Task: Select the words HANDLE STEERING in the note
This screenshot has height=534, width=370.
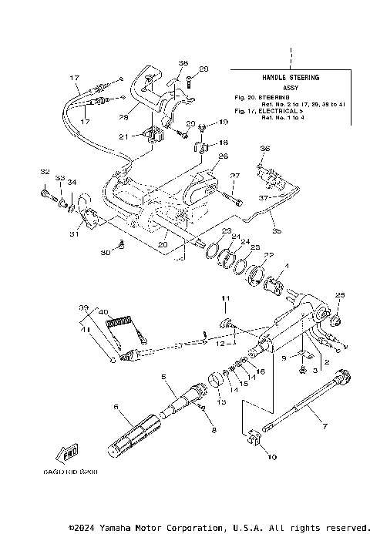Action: (289, 78)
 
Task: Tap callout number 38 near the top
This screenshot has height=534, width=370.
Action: (183, 63)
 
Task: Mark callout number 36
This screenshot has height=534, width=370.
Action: (265, 148)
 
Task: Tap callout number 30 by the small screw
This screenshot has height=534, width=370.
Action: (104, 253)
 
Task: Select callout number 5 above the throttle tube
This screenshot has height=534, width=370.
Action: (163, 377)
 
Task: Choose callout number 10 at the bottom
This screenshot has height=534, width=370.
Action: (270, 457)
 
